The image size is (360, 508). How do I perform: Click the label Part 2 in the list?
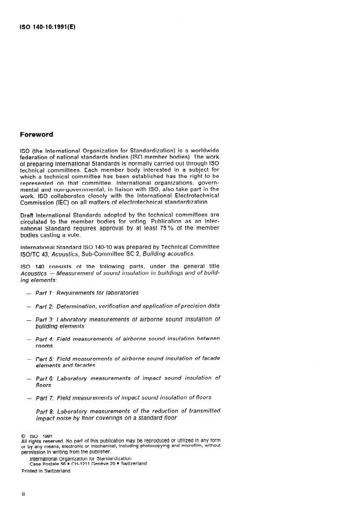point(45,305)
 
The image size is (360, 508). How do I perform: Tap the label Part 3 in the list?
point(45,319)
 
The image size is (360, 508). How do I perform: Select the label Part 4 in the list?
point(45,339)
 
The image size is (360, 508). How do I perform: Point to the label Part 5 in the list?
point(45,359)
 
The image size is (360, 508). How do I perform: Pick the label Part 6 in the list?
point(45,378)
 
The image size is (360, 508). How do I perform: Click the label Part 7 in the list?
point(45,397)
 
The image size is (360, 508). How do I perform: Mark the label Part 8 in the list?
point(45,412)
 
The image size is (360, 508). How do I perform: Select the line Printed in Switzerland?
point(45,471)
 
